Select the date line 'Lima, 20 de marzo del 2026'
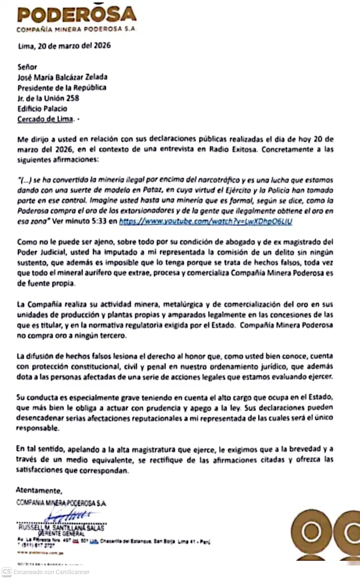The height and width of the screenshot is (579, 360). point(64,46)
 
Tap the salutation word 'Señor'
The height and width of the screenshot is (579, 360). point(27,67)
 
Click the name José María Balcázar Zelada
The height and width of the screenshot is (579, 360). point(62,77)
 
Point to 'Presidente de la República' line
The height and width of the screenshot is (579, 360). point(62,87)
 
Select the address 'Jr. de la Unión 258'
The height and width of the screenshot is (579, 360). point(48,98)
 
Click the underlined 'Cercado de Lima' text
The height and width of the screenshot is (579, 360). point(45,119)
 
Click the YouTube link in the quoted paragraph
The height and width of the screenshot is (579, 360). point(205,221)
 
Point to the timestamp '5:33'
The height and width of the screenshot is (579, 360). point(99,221)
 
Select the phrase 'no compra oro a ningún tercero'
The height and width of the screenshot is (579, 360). point(72,335)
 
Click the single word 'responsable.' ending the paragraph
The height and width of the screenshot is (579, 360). point(37,428)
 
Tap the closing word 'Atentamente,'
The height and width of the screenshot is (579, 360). point(39,490)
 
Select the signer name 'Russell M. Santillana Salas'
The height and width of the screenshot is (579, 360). point(61,527)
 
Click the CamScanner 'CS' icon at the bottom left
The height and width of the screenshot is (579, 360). point(7,571)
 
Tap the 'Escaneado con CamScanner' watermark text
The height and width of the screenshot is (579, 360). point(52,572)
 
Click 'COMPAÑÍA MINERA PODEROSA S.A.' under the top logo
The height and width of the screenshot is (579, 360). point(76,29)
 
